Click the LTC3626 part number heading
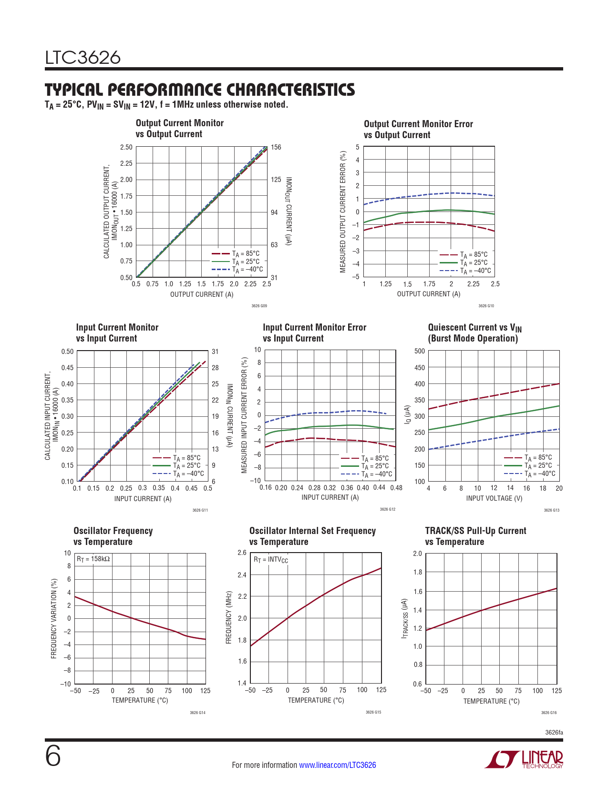pos(83,58)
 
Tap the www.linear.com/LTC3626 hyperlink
pos(337,765)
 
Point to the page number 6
pos(53,756)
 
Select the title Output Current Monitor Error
pos(418,124)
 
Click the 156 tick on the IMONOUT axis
pos(276,147)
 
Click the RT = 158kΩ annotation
pos(93,559)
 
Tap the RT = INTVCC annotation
pos(270,560)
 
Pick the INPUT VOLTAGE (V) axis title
pos(494,498)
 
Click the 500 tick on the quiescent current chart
pos(420,351)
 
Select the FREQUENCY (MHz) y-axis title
pos(229,618)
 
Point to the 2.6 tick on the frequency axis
pos(242,553)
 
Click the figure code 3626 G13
pos(551,510)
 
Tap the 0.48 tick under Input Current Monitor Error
pos(396,488)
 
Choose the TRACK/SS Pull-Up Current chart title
pos(475,531)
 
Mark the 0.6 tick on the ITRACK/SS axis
pos(417,684)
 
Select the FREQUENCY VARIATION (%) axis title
pos(54,619)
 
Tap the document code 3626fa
pos(554,732)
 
